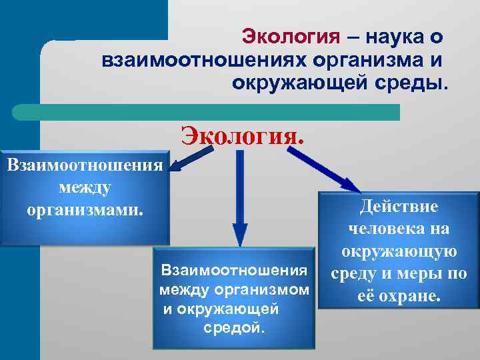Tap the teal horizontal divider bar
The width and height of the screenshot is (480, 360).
coord(207,111)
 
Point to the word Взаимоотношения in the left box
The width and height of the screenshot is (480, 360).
coord(84,164)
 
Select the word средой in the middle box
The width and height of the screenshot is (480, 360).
coord(233,329)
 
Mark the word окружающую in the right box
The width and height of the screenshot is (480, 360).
coord(399,251)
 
